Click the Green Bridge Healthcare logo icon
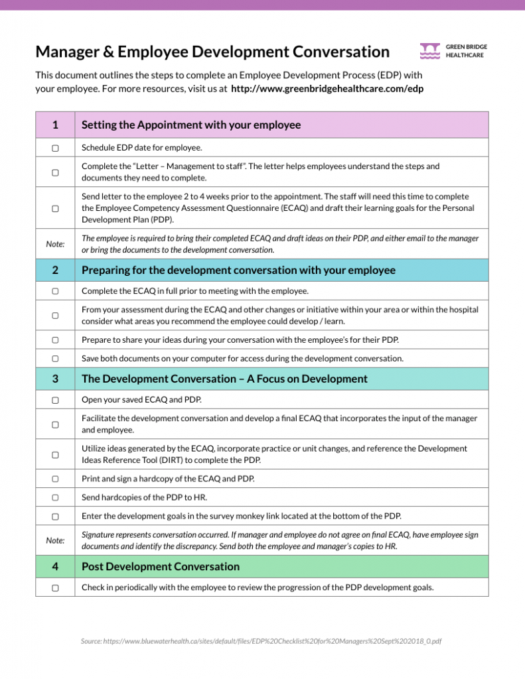coord(430,51)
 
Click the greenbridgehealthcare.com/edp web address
coord(327,88)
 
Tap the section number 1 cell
coord(55,125)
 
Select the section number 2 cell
coord(55,270)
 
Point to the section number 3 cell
coord(55,379)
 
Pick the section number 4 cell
coord(55,566)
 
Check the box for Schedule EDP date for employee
coord(55,147)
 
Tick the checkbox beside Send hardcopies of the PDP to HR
coord(55,497)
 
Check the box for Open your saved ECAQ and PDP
coord(55,400)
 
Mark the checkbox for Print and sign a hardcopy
coord(55,478)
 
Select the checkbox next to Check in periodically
coord(55,587)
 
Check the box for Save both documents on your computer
coord(55,358)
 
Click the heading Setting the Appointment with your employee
coord(191,125)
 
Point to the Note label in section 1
coord(55,244)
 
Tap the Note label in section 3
coord(55,540)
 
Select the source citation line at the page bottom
coord(262,641)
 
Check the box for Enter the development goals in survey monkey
coord(55,515)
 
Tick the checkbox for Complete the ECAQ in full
coord(55,291)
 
